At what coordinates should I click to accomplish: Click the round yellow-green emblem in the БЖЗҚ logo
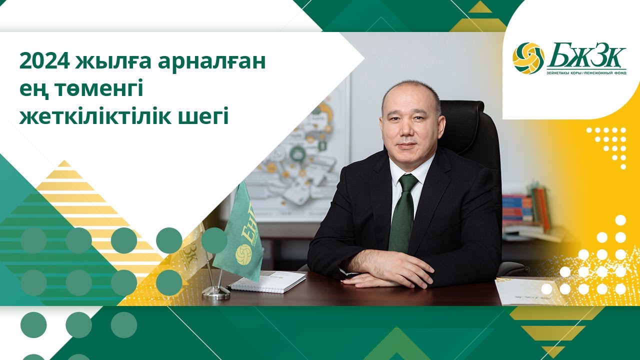(528, 58)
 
